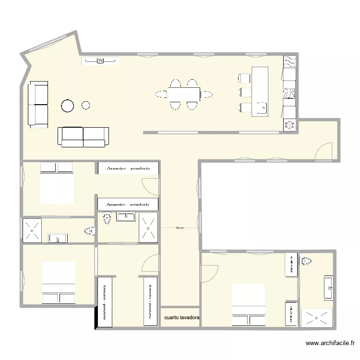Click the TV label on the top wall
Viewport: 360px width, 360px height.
pos(100,60)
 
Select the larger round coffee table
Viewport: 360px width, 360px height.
pos(67,106)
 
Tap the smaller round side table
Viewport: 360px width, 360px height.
pos(86,105)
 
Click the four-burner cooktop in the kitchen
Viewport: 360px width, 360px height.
pos(289,94)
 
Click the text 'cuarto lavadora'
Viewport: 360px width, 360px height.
pos(182,318)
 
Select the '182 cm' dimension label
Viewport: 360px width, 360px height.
pos(180,228)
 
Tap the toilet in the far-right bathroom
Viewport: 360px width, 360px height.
pos(306,262)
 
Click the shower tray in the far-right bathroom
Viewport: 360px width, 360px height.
pos(316,317)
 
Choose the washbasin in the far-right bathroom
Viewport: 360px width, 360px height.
pos(329,288)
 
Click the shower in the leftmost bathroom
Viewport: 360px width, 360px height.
pos(32,230)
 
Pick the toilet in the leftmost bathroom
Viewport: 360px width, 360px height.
pos(89,232)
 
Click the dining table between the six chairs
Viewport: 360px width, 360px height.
pos(183,94)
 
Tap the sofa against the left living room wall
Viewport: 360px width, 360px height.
pos(38,105)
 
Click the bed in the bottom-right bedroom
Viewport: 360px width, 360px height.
pos(248,304)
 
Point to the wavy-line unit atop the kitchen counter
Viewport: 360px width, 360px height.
pos(289,61)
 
